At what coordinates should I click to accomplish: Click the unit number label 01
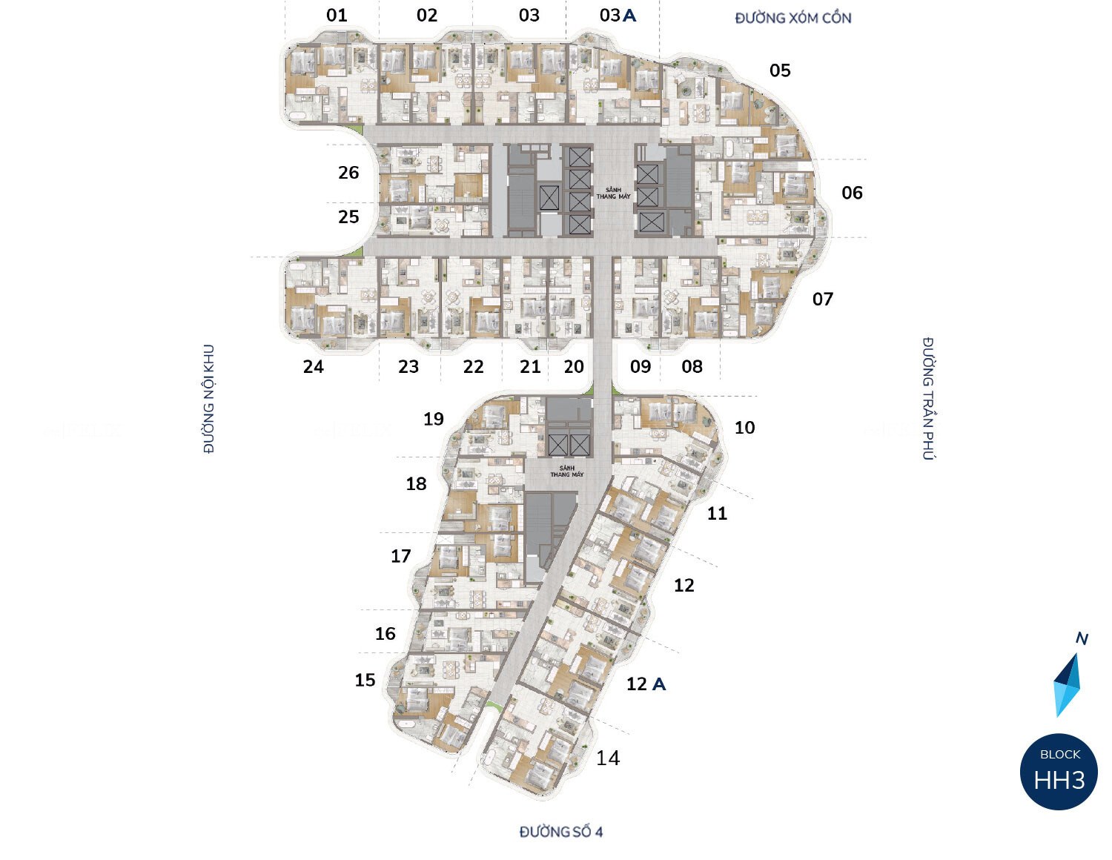tap(337, 15)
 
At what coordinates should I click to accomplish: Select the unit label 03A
tap(618, 15)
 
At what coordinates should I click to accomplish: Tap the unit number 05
tap(780, 70)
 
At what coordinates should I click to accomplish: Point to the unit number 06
tap(852, 193)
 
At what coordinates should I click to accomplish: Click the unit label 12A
tap(646, 684)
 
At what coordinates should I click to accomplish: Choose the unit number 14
tap(608, 758)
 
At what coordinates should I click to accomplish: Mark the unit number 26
tap(348, 173)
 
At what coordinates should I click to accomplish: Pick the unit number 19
tap(433, 419)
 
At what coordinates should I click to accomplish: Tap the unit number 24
tap(314, 366)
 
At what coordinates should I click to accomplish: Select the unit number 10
tap(744, 427)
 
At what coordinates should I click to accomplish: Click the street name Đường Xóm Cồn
tap(792, 18)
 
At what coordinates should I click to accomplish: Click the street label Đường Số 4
tap(560, 832)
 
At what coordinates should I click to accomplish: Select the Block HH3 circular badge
tap(1059, 772)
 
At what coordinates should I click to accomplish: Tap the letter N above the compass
tap(1082, 638)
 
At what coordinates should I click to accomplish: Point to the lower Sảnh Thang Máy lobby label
tap(566, 471)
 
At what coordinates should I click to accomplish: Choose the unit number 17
tap(400, 556)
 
